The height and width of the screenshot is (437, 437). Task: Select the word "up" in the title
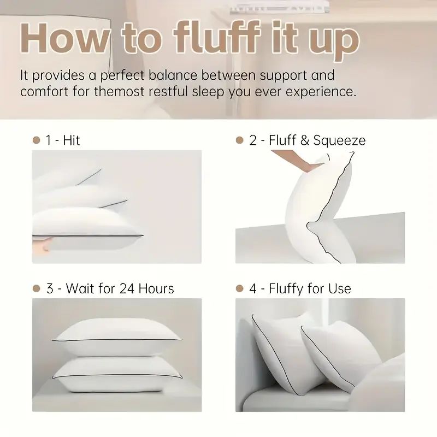point(331,39)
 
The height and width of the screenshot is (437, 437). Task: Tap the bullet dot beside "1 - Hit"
point(37,140)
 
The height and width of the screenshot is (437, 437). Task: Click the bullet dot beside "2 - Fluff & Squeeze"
point(239,140)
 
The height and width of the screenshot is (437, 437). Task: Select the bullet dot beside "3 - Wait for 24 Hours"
point(37,288)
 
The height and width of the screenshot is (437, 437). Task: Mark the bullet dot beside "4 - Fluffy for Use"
point(239,288)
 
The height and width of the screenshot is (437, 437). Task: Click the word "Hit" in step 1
point(71,140)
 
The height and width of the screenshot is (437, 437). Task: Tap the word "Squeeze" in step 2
point(339,140)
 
